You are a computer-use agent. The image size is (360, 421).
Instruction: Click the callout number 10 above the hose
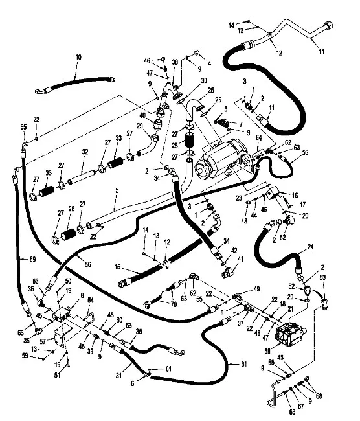78,57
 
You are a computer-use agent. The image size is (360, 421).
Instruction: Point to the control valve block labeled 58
291,335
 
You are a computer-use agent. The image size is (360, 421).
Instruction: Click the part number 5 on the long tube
117,190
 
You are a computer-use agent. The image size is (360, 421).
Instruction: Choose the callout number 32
85,152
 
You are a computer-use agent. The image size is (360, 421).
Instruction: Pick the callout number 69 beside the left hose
32,259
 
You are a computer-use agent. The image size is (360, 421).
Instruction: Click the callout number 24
310,247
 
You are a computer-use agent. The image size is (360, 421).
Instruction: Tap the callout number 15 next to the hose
117,267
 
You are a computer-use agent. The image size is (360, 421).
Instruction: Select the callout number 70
174,304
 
